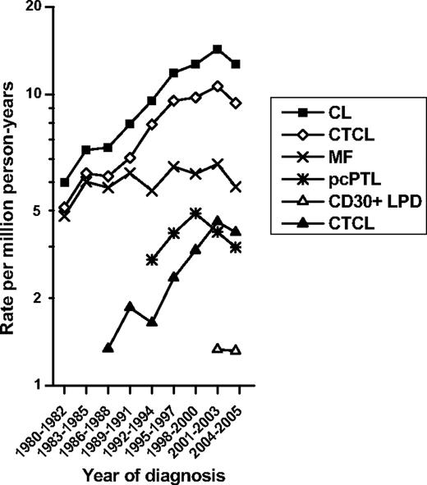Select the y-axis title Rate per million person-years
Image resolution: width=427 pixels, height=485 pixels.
click(11, 195)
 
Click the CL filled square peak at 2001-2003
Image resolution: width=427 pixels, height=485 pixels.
click(217, 49)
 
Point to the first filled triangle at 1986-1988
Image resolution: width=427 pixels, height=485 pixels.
click(108, 348)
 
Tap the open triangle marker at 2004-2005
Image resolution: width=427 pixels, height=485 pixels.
click(236, 350)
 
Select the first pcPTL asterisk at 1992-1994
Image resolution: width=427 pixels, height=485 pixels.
click(151, 259)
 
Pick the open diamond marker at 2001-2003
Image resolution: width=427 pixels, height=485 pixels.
click(217, 86)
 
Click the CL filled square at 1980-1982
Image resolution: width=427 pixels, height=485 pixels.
click(65, 182)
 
